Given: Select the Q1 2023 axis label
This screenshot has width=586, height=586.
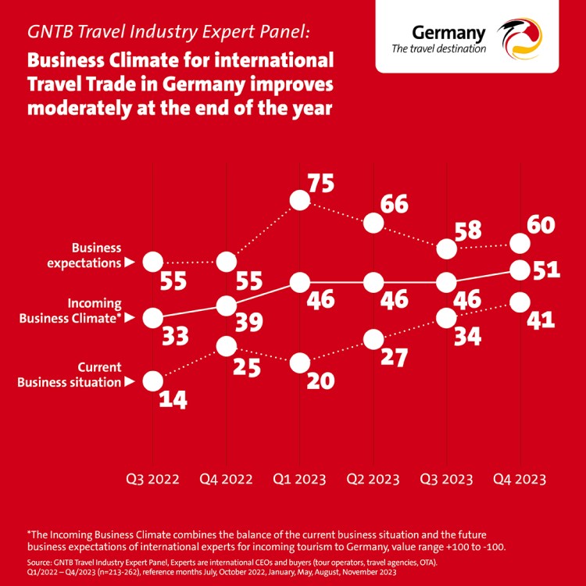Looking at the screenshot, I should [x=299, y=478].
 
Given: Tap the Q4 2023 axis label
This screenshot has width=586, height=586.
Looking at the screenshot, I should [x=519, y=478].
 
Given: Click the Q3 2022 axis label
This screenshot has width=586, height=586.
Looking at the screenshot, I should [x=152, y=478].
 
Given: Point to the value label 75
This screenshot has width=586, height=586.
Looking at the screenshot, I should [x=321, y=184].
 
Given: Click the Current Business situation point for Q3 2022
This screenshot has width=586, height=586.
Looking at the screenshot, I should [x=152, y=381].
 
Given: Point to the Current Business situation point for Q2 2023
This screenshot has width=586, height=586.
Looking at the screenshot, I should [x=373, y=339].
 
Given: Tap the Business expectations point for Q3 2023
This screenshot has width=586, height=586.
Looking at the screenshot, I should [x=446, y=248].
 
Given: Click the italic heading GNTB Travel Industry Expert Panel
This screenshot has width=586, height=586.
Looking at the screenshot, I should [x=168, y=33].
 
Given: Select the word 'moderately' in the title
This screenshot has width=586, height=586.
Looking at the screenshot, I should [x=85, y=107].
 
